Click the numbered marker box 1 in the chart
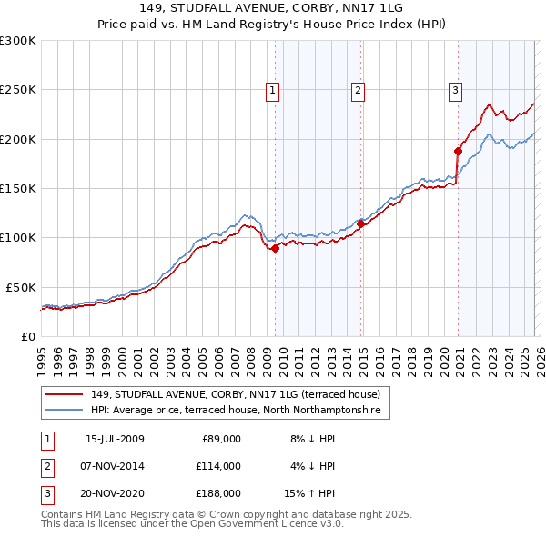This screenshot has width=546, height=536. pyautogui.click(x=273, y=89)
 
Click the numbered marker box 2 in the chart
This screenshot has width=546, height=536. pyautogui.click(x=359, y=89)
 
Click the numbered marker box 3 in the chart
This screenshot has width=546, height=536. pyautogui.click(x=455, y=89)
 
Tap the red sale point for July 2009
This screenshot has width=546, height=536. pyautogui.click(x=275, y=248)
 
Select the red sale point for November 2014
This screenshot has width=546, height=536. pyautogui.click(x=360, y=223)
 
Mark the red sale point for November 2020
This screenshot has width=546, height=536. pyautogui.click(x=458, y=151)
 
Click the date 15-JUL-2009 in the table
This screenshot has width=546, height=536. pyautogui.click(x=115, y=439)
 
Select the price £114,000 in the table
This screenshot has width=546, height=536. pyautogui.click(x=218, y=466)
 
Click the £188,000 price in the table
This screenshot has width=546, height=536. pyautogui.click(x=218, y=493)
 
